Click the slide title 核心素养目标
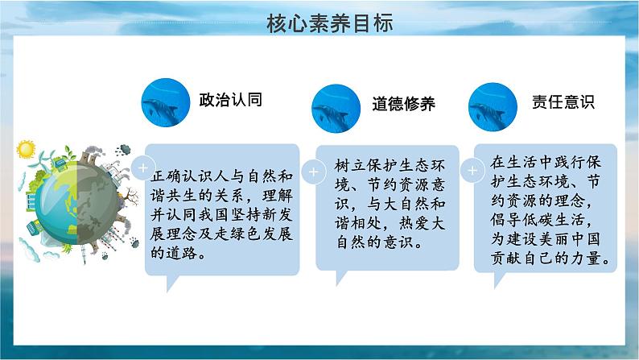pos(330,23)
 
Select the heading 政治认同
pos(231,100)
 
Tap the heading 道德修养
pos(403,104)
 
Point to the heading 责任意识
pos(563,101)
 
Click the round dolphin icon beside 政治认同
pos(166,102)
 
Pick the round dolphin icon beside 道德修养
pos(336,109)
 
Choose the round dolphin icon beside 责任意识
pos(493,107)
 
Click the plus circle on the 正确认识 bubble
pos(143,168)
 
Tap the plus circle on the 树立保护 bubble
pos(313,172)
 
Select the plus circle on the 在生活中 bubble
pos(472,171)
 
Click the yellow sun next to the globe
pos(26,149)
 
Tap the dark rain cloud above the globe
pos(123,150)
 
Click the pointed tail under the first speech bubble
pos(171,282)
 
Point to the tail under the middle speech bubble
pos(340,277)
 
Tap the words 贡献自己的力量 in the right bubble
pos(546,258)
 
